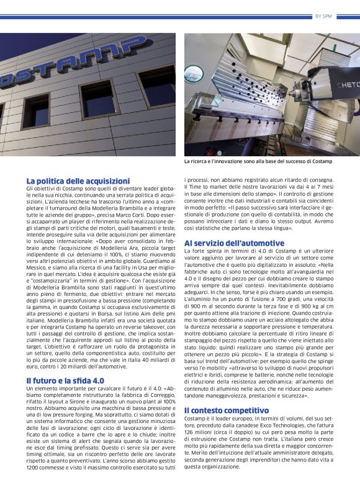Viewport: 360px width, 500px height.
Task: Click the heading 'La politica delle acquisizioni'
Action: pos(78,181)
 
